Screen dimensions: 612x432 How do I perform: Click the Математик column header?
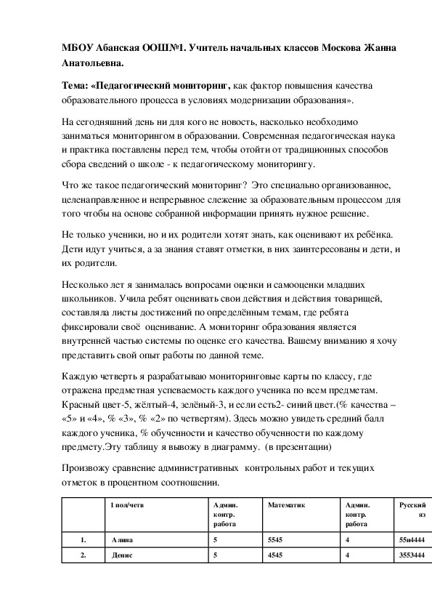[x=286, y=504]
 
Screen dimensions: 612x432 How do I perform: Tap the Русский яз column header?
[x=412, y=508]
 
